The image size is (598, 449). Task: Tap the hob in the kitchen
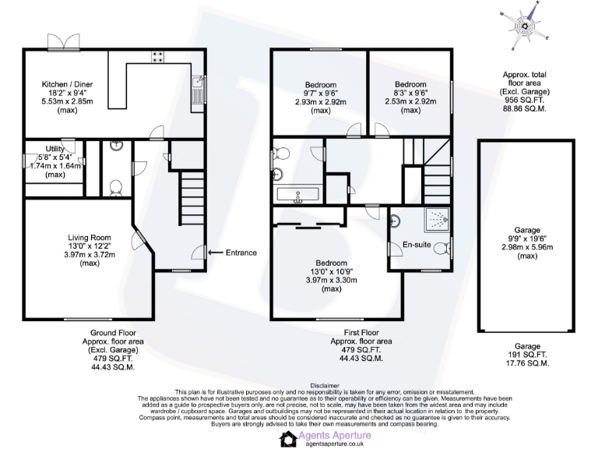click(157, 56)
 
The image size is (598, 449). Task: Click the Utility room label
click(55, 148)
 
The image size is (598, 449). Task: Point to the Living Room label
click(90, 238)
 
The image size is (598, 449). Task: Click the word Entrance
click(241, 253)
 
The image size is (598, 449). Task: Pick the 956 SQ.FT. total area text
click(524, 101)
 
